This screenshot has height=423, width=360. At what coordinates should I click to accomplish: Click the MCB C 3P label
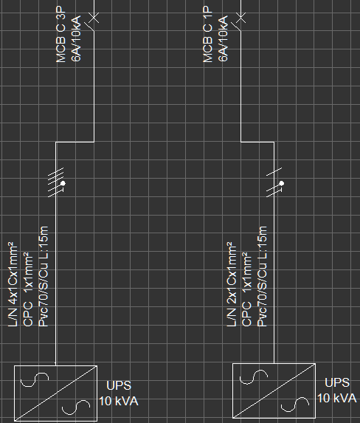pos(60,34)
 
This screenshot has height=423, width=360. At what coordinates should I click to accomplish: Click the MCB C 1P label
pos(207,34)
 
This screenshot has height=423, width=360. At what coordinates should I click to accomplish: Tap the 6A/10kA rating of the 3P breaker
pos(76,38)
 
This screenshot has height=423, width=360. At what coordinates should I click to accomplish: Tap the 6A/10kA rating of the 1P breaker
pos(224,38)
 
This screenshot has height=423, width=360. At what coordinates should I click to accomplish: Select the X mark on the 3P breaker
pos(94,18)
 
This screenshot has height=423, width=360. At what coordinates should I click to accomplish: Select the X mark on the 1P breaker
pos(240,18)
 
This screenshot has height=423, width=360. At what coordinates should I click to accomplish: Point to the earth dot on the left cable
pos(63,183)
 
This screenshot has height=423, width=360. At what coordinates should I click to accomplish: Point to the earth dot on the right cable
pos(282,183)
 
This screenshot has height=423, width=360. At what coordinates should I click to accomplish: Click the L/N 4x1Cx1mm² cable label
pos(13,285)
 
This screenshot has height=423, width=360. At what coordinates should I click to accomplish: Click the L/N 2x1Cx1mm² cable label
pos(232,285)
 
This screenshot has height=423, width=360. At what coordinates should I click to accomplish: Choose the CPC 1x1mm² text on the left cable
pos(28,289)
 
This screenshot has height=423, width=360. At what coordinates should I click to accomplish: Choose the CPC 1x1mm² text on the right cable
pos(246,289)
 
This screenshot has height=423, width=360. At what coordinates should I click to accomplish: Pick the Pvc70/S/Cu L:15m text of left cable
pos(44,277)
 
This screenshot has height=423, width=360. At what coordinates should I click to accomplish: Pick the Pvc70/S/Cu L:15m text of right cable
pos(262,277)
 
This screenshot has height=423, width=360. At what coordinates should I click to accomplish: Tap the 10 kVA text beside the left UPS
pos(119,402)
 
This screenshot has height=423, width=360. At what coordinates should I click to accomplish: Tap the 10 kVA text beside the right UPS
pos(337,398)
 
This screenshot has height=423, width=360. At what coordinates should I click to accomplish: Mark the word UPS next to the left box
pos(119,385)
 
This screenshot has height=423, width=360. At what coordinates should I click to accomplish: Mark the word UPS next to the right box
pos(337,382)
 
